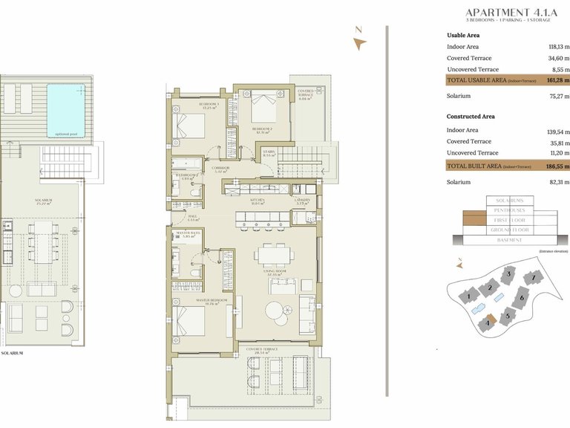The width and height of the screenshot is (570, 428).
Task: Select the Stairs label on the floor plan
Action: (269, 155)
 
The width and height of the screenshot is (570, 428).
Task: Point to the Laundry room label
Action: (302, 200)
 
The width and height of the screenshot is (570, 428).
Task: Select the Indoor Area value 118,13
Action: (557, 47)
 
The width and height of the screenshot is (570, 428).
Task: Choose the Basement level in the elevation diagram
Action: (508, 240)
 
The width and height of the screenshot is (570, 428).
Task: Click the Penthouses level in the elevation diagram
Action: (508, 211)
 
